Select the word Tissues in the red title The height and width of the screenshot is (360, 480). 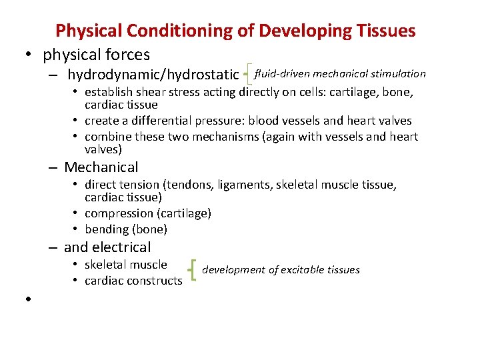pyautogui.click(x=386, y=31)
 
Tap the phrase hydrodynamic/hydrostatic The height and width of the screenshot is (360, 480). pyautogui.click(x=153, y=74)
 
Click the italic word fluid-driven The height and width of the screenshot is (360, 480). pyautogui.click(x=282, y=73)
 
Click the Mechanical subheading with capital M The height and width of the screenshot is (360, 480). pyautogui.click(x=101, y=167)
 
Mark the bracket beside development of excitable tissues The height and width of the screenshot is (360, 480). pyautogui.click(x=193, y=271)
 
